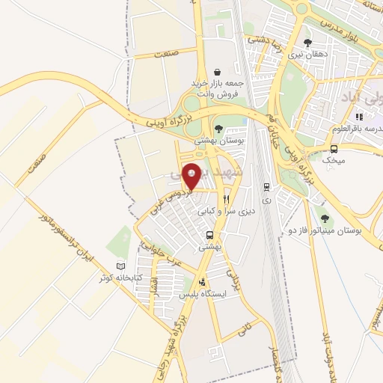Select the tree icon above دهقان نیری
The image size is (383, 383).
(x=307, y=43)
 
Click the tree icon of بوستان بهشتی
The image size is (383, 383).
(x=218, y=128)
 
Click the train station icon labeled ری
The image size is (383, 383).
(x=266, y=187)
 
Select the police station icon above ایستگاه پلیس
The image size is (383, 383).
(x=201, y=283)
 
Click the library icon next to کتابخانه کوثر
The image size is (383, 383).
(x=121, y=265)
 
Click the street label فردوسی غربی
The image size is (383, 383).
(x=173, y=200)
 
